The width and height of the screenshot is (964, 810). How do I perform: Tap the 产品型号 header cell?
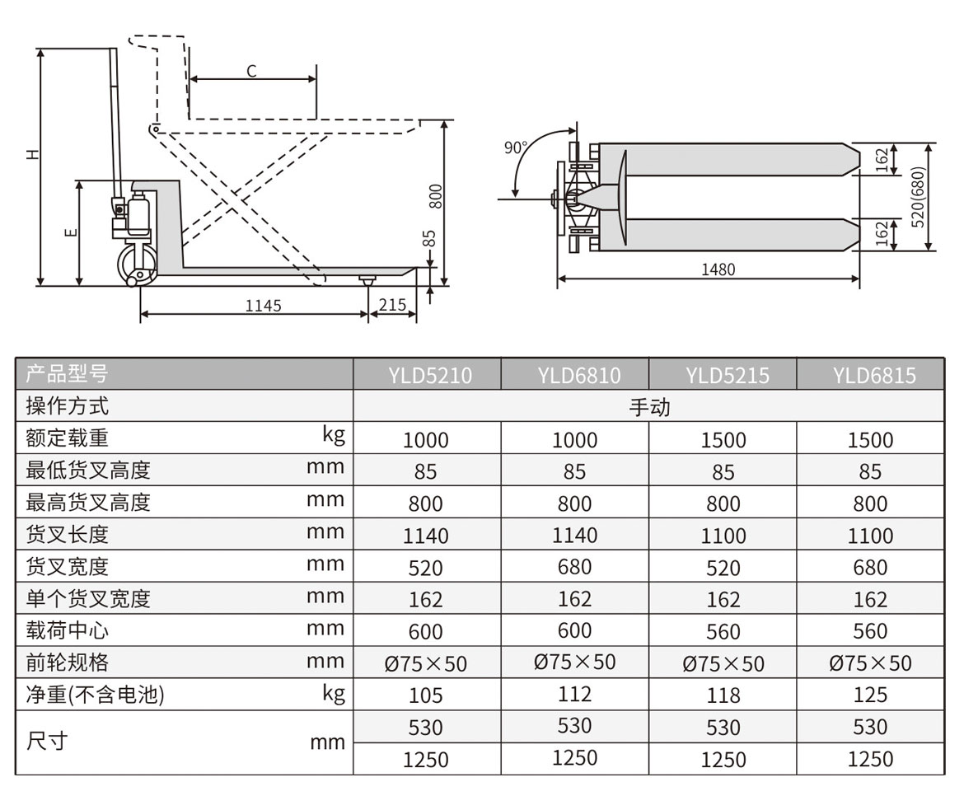(67, 374)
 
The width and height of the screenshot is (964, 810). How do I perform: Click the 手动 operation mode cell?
(649, 407)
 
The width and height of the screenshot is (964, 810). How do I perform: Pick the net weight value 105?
(426, 695)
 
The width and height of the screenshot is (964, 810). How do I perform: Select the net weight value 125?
(870, 695)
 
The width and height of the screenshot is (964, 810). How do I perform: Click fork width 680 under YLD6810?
(574, 568)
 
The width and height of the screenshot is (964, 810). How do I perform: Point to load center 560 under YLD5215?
(723, 631)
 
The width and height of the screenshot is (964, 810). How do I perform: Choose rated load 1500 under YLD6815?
(870, 440)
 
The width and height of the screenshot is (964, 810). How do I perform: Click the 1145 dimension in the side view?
(263, 306)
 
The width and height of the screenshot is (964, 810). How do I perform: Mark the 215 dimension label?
(391, 305)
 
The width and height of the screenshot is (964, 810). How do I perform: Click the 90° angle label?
(516, 148)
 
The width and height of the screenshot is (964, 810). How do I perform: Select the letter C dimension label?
(251, 72)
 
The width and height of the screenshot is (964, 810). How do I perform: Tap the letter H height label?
(30, 154)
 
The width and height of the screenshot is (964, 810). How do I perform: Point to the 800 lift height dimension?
(437, 195)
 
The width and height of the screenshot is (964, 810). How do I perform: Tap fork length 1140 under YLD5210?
(426, 536)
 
